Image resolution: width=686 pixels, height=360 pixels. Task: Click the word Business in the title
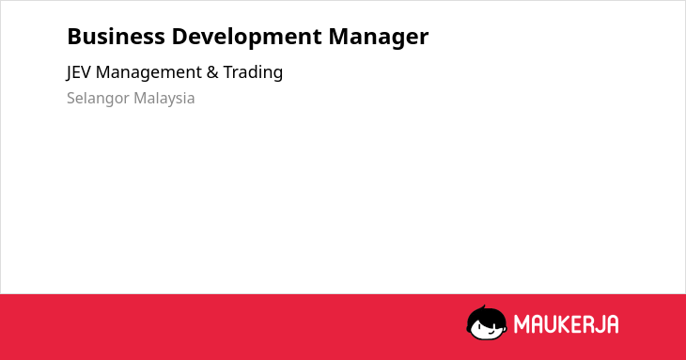click(x=116, y=37)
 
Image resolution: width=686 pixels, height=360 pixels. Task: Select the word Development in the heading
click(x=247, y=38)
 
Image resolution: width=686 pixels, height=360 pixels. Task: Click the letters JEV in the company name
click(x=78, y=72)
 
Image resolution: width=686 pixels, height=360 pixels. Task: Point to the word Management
click(x=148, y=72)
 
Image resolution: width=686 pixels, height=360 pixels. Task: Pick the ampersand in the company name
click(x=212, y=72)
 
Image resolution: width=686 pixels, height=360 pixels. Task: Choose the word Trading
click(x=253, y=72)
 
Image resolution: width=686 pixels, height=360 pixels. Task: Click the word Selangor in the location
click(x=98, y=99)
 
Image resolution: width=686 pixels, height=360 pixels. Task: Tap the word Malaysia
click(x=164, y=99)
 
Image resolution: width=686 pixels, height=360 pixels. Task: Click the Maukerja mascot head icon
click(x=487, y=323)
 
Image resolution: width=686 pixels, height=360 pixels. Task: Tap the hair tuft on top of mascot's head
click(x=483, y=308)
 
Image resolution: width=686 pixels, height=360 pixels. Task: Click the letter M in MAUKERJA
click(x=521, y=324)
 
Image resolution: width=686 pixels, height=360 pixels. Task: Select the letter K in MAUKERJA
click(x=563, y=324)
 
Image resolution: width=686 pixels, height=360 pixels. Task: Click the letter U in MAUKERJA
click(x=549, y=324)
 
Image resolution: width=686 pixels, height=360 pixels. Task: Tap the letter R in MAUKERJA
click(x=588, y=324)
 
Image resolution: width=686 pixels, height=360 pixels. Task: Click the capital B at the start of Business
click(x=73, y=37)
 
